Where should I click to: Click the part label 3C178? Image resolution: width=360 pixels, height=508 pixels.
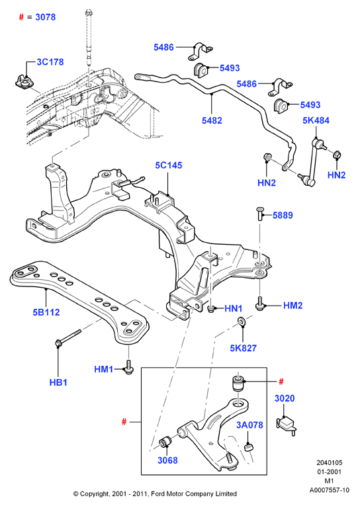[x=50, y=62]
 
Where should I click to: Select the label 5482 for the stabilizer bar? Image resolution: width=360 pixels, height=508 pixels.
[x=212, y=120]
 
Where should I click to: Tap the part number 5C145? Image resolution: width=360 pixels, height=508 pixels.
[x=169, y=165]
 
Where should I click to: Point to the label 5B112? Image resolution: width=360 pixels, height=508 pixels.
[x=46, y=312]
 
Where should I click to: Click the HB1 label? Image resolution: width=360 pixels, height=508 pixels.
[x=58, y=382]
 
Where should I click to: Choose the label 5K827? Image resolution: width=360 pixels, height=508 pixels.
[x=244, y=349]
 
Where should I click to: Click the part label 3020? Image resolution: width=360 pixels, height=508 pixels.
[x=285, y=398]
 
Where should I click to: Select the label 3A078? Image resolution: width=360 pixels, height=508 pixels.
[x=249, y=425]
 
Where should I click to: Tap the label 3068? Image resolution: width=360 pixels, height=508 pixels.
[x=167, y=460]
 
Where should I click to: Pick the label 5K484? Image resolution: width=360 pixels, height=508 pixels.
[x=316, y=120]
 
